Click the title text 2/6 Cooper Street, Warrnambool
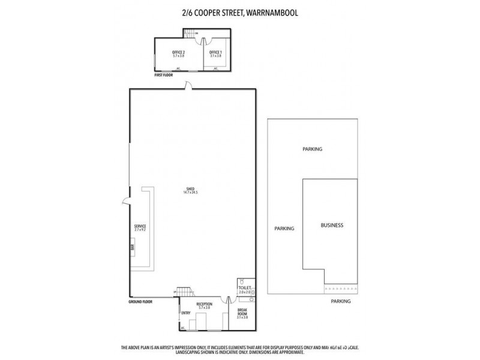pyautogui.click(x=240, y=11)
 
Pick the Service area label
pyautogui.click(x=140, y=228)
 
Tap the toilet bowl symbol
pyautogui.click(x=241, y=283)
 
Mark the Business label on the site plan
pyautogui.click(x=332, y=225)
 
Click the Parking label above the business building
pyautogui.click(x=313, y=149)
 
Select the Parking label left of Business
pyautogui.click(x=284, y=229)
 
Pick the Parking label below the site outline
pyautogui.click(x=341, y=302)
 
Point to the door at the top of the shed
pyautogui.click(x=190, y=87)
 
